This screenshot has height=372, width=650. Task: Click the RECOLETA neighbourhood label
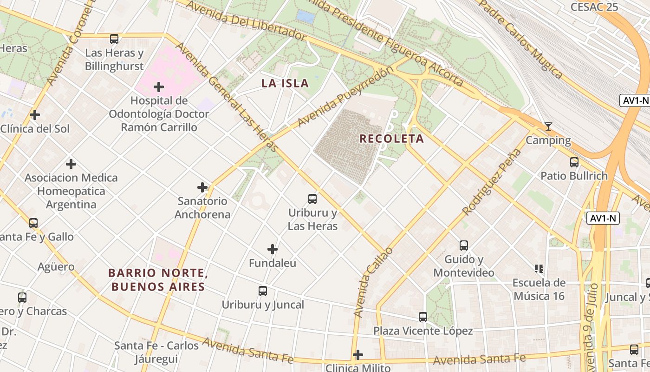[x=391, y=139]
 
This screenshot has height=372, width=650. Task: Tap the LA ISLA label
[x=285, y=83]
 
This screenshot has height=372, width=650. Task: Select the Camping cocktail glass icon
[x=548, y=126]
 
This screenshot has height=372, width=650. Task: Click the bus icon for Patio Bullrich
[x=574, y=162]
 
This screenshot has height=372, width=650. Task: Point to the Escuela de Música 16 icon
[x=539, y=269]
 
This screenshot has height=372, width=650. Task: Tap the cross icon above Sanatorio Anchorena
[x=202, y=187]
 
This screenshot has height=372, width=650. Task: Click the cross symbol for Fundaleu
[x=273, y=249]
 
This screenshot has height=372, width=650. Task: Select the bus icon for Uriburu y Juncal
[x=263, y=291]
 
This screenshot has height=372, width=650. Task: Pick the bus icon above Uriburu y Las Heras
[x=312, y=199]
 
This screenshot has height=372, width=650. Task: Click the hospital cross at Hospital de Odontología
[x=159, y=87]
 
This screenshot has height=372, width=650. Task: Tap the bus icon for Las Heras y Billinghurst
[x=114, y=39]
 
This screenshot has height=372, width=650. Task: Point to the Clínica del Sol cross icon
[x=35, y=115]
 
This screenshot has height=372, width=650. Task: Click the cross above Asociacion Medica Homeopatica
[x=71, y=164]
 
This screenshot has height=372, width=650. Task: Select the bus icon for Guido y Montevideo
[x=463, y=246]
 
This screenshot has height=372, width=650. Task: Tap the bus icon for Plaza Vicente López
[x=423, y=317]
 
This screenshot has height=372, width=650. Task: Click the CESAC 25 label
[x=594, y=7]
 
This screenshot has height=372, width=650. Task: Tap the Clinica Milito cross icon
[x=357, y=355]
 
